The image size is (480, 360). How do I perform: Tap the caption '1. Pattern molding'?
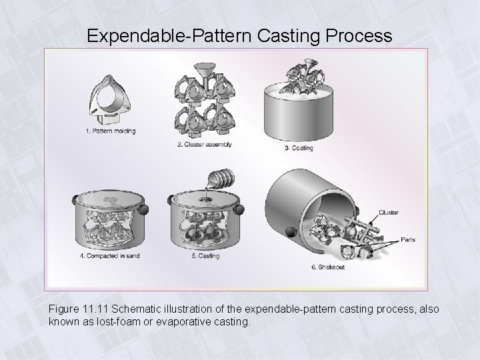pos(111,131)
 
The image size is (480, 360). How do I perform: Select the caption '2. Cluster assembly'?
pos(205,145)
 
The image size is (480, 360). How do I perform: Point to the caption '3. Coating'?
pos(298,148)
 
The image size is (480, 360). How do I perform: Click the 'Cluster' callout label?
pos(389,213)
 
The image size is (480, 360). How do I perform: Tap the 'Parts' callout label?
pos(408,240)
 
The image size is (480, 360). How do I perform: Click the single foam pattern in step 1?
pos(111,100)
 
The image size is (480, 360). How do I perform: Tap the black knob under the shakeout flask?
pos(290,233)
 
